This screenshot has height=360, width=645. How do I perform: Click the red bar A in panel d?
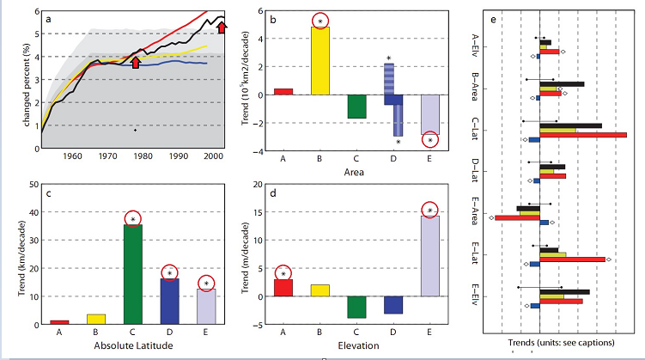tap(283, 287)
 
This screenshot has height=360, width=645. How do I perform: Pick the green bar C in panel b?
tap(356, 105)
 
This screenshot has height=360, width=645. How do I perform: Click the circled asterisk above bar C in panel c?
tap(133, 219)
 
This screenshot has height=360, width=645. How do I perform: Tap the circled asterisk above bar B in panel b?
tap(319, 20)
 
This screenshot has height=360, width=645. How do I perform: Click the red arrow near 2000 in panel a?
tap(222, 28)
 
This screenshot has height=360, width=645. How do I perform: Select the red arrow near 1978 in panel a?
tap(135, 62)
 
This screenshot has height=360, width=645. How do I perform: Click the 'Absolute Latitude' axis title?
tap(133, 345)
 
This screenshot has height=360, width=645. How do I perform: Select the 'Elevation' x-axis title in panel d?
tap(356, 345)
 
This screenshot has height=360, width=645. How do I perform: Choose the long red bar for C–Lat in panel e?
tap(583, 135)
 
